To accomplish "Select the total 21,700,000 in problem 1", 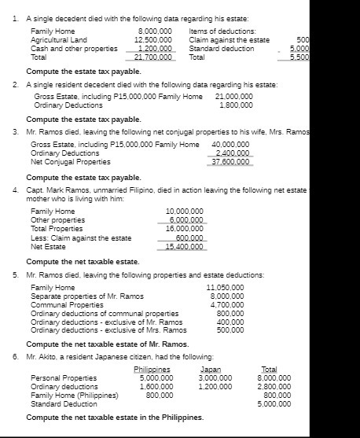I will (x=153, y=57).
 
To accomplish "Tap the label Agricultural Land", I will (x=59, y=39).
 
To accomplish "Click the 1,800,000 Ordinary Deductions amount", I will (x=236, y=105).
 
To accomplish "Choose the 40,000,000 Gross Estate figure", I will (x=232, y=145).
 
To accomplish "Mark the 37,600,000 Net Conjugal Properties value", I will (x=232, y=162).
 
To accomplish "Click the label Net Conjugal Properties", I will (x=70, y=162).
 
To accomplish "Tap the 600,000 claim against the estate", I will (x=189, y=237).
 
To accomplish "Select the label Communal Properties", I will (x=67, y=304).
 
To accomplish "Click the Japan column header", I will (x=211, y=369).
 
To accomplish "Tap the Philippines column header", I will (x=152, y=369).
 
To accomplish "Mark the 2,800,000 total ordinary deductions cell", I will (x=274, y=386).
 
